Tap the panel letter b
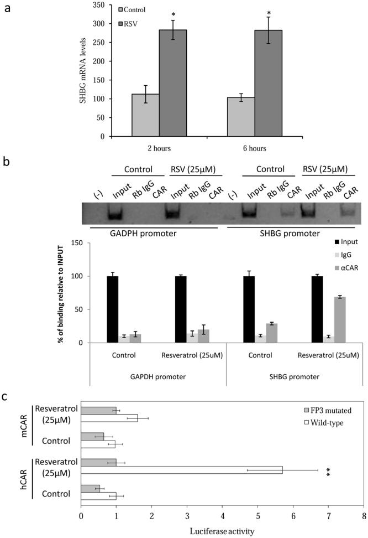click(x=6, y=163)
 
